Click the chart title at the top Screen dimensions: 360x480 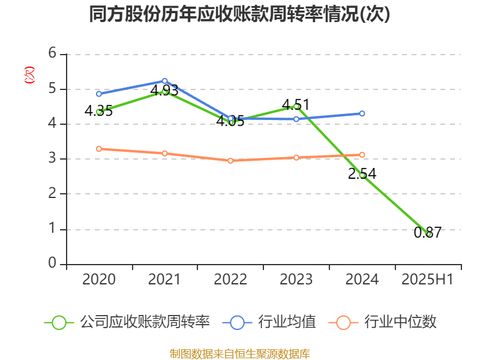pyautogui.click(x=239, y=14)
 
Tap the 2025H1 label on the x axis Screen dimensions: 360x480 pyautogui.click(x=428, y=280)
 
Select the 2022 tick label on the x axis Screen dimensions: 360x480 pyautogui.click(x=230, y=280)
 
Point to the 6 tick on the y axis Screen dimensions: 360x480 pyautogui.click(x=52, y=53)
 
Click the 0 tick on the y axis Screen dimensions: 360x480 pyautogui.click(x=52, y=264)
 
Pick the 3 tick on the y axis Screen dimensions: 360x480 pyautogui.click(x=52, y=159)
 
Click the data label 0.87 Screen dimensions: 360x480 pyautogui.click(x=428, y=233)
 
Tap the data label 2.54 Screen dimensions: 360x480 pyautogui.click(x=362, y=174)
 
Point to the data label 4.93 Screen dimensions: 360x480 pyautogui.click(x=164, y=91)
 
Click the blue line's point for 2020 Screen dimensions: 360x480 pyautogui.click(x=99, y=94)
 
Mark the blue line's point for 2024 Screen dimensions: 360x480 pyautogui.click(x=362, y=113)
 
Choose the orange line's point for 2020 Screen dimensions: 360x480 pyautogui.click(x=99, y=149)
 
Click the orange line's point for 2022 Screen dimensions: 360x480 pyautogui.click(x=230, y=161)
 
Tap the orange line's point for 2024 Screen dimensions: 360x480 pyautogui.click(x=362, y=155)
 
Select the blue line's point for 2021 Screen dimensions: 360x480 pyautogui.click(x=164, y=80)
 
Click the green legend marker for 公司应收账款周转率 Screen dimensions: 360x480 pyautogui.click(x=59, y=322)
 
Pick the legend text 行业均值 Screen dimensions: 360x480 pyautogui.click(x=287, y=322)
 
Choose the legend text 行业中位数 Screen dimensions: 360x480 pyautogui.click(x=400, y=322)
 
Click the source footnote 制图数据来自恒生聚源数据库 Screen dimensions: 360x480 pyautogui.click(x=240, y=353)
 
